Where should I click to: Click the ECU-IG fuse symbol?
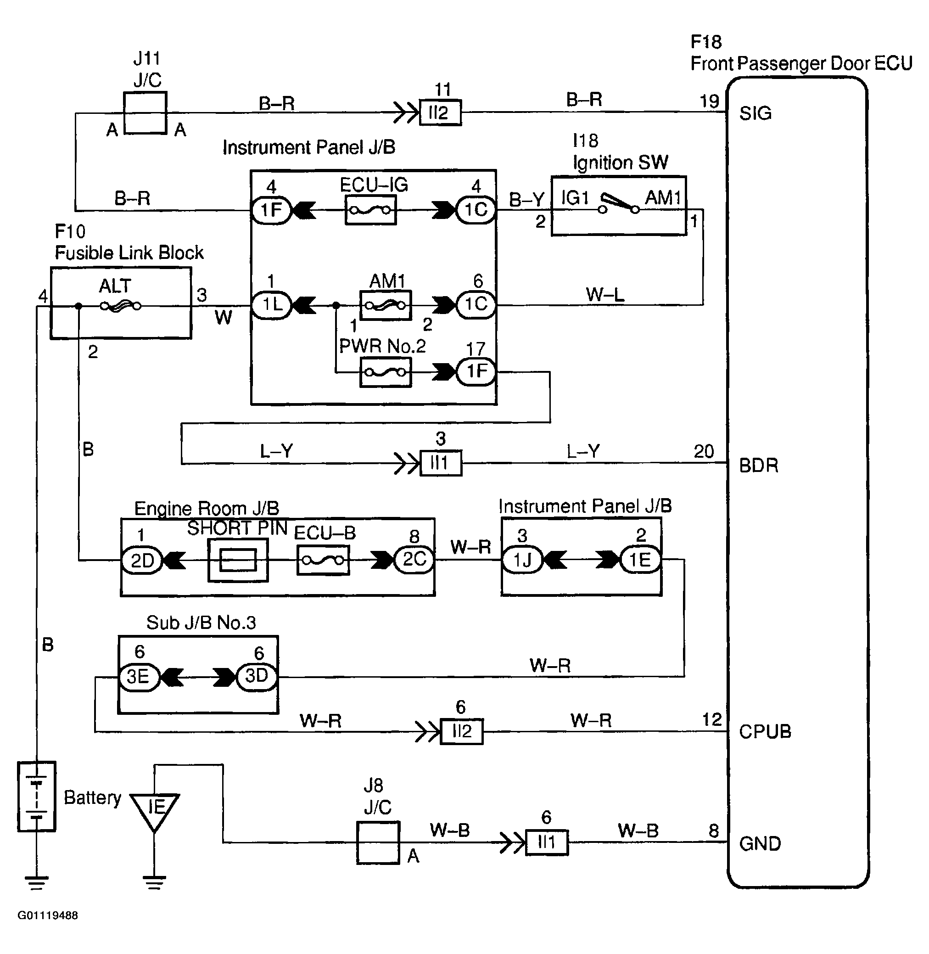[370, 210]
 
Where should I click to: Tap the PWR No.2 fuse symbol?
[386, 373]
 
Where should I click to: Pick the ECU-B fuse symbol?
[324, 560]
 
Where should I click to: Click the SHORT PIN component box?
[238, 560]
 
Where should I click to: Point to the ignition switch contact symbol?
[619, 204]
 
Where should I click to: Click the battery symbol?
[37, 797]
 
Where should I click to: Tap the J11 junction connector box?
[146, 113]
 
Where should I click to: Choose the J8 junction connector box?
[378, 843]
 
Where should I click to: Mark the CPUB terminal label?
[765, 731]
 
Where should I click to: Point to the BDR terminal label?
[759, 466]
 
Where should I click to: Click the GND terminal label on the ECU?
[760, 844]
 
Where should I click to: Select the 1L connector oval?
[271, 305]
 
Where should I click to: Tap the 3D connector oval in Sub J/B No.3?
[257, 676]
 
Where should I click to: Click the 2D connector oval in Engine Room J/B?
[141, 560]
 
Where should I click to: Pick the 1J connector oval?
[522, 560]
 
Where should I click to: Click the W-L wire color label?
[605, 295]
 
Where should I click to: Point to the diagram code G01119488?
[48, 915]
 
